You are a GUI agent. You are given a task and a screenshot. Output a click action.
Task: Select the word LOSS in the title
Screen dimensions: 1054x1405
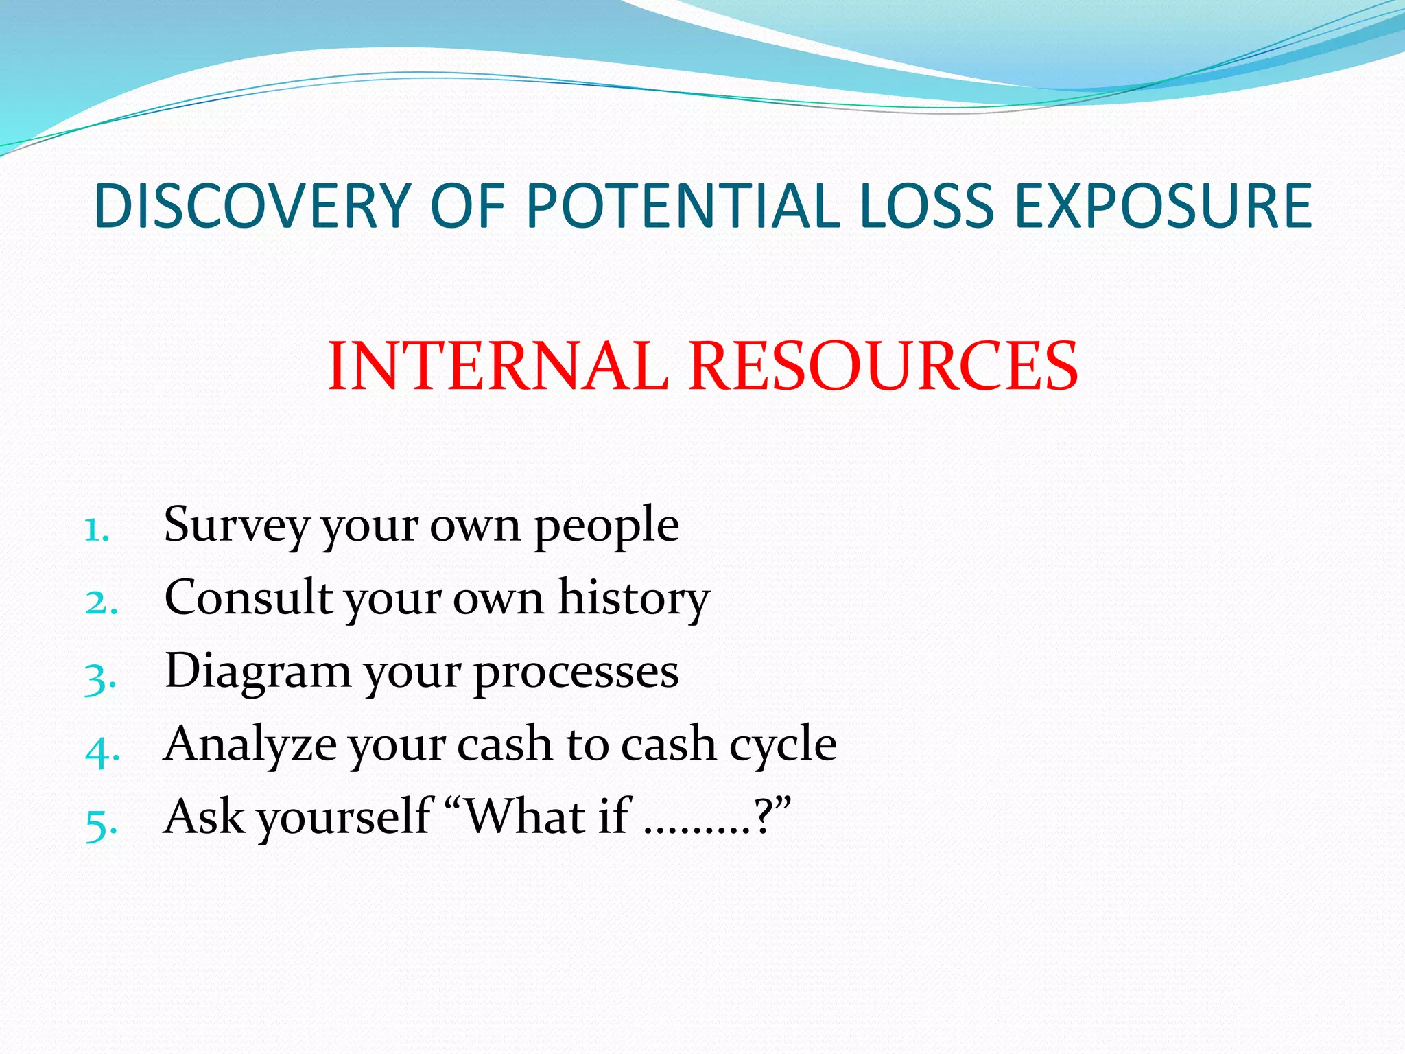click(925, 206)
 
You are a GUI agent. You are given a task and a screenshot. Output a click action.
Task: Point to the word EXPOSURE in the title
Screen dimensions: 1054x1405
click(1164, 206)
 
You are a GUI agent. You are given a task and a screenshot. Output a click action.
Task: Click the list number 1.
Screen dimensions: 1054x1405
click(96, 530)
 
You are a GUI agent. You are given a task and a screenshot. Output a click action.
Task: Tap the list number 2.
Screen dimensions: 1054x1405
click(100, 603)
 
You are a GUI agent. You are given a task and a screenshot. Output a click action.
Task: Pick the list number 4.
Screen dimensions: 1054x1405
click(102, 751)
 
